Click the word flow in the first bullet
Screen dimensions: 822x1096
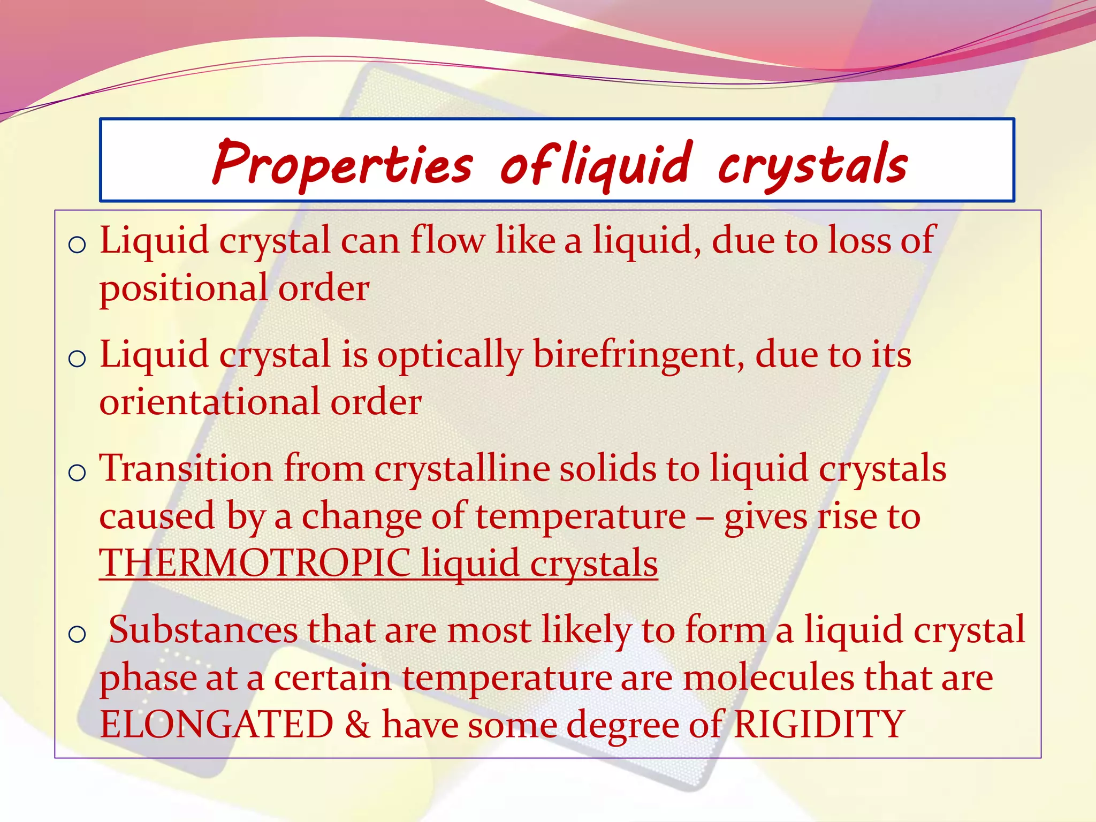[x=447, y=240]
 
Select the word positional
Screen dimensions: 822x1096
[x=184, y=288]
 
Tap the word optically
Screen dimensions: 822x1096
[x=450, y=355]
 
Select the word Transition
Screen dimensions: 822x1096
[x=186, y=468]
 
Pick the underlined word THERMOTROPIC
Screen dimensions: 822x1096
[x=255, y=563]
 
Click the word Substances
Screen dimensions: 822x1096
[x=203, y=630]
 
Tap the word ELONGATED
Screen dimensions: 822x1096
[x=217, y=725]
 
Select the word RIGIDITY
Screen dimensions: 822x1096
[x=819, y=725]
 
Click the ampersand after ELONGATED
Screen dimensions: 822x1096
[x=357, y=725]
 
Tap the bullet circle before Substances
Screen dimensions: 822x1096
[x=78, y=634]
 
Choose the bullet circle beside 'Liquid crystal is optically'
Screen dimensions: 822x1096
[x=78, y=359]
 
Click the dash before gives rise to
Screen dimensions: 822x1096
[x=705, y=517]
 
